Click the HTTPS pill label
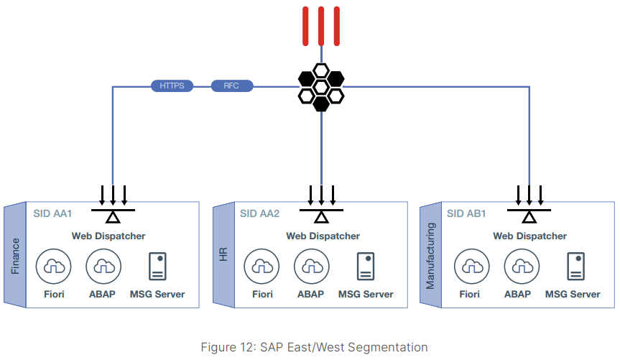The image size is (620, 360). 172,86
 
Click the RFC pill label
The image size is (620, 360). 231,86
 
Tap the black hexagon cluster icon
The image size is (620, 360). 321,87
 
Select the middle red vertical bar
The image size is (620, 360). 321,26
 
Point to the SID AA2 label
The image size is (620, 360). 259,213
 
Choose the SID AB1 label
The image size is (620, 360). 466,213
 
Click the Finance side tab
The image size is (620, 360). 15,256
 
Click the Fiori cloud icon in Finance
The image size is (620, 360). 51,267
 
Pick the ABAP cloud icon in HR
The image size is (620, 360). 310,267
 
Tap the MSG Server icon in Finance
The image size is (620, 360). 157,267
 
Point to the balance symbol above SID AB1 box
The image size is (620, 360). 529,212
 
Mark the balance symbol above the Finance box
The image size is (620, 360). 114,212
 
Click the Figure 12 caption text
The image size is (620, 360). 314,347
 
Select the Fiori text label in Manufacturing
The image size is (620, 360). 469,294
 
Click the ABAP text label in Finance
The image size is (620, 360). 102,294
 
